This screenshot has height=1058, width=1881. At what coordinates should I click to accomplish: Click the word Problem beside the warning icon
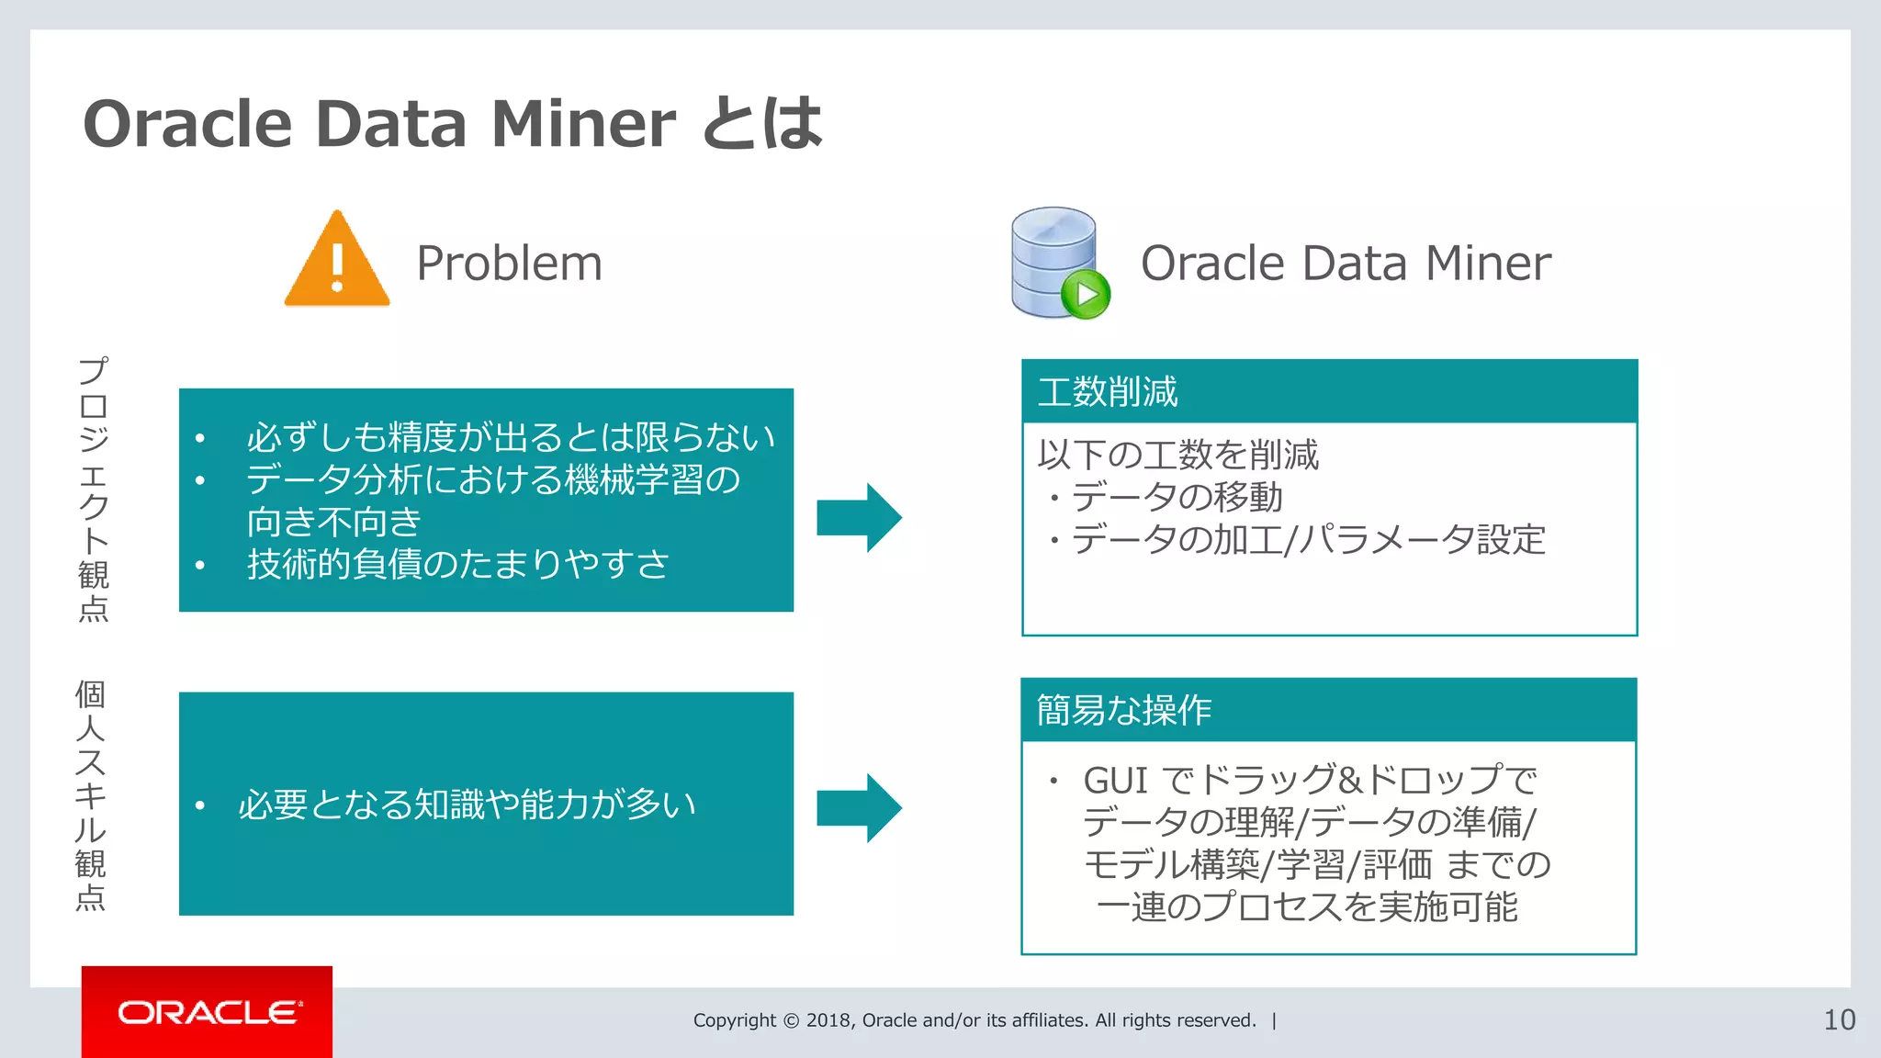509,264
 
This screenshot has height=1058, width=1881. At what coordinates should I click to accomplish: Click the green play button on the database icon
1086,295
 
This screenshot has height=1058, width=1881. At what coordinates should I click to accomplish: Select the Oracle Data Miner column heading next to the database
1345,264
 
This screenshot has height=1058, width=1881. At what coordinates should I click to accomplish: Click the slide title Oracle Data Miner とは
453,123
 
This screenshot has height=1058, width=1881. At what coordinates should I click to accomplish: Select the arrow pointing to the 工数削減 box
859,517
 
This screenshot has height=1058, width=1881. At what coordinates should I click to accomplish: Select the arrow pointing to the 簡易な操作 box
859,807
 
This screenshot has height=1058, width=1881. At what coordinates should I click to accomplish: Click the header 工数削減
1108,392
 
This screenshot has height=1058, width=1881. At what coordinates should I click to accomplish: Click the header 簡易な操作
1124,710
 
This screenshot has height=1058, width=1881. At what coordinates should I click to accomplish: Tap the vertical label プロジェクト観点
94,489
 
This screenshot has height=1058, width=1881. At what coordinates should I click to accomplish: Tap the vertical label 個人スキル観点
90,795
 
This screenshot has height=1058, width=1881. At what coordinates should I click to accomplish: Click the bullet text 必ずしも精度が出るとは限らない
510,437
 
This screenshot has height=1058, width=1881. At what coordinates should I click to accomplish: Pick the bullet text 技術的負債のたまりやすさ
457,563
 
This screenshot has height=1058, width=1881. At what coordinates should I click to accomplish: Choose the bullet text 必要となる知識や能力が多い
467,805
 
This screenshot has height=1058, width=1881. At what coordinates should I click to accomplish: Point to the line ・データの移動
1165,497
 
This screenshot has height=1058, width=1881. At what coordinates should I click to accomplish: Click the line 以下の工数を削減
1178,455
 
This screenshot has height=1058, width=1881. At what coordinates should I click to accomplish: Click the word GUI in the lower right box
1115,781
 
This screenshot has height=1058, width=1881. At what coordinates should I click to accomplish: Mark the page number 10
1839,1019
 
